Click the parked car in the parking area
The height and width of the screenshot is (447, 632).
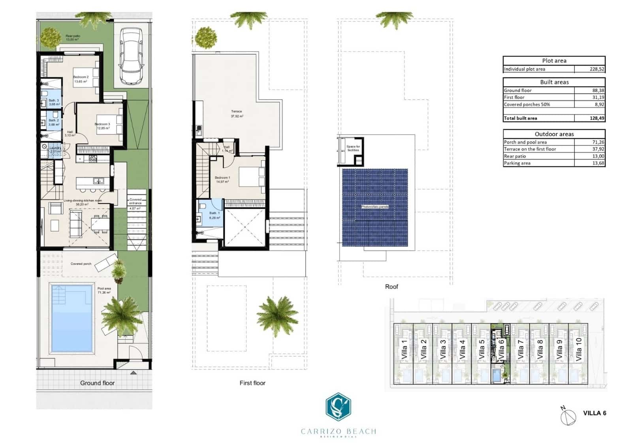pyautogui.click(x=131, y=56)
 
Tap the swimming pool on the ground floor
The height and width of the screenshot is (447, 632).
pyautogui.click(x=71, y=318)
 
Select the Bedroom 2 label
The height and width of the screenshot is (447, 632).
pyautogui.click(x=81, y=77)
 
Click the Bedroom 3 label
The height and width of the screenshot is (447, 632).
pyautogui.click(x=102, y=124)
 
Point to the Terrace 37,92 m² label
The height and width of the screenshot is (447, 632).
pyautogui.click(x=237, y=114)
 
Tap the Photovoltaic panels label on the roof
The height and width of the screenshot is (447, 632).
pyautogui.click(x=374, y=207)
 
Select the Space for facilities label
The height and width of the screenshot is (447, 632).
pyautogui.click(x=353, y=148)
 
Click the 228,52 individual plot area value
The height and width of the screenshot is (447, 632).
pyautogui.click(x=596, y=69)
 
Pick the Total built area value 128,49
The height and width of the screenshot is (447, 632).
pyautogui.click(x=596, y=118)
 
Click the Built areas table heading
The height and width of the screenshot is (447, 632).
pyautogui.click(x=554, y=82)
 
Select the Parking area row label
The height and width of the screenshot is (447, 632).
pyautogui.click(x=517, y=163)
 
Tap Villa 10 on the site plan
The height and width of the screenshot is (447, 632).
pyautogui.click(x=579, y=349)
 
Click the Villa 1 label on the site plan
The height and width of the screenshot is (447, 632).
pyautogui.click(x=404, y=349)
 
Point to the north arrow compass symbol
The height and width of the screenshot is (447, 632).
pyautogui.click(x=568, y=416)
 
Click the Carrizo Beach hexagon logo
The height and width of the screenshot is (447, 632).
pyautogui.click(x=339, y=407)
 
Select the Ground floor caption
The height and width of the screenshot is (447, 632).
pyautogui.click(x=97, y=383)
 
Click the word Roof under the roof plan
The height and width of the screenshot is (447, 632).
pyautogui.click(x=391, y=287)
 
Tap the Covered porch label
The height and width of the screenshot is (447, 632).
pyautogui.click(x=81, y=264)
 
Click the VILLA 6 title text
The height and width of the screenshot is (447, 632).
pyautogui.click(x=594, y=413)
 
